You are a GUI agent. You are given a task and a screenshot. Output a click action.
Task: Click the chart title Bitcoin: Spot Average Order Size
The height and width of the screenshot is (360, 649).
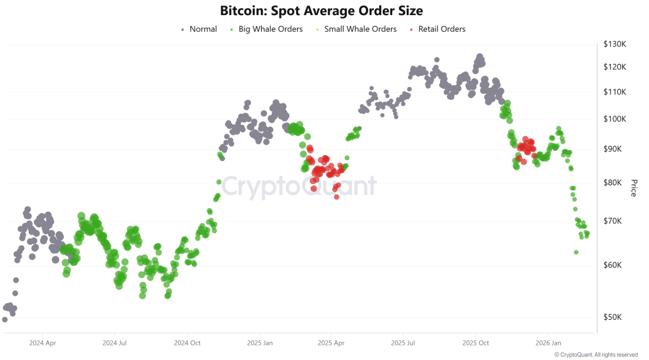[321, 11]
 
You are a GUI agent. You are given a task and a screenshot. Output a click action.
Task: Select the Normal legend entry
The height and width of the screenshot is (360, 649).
[203, 29]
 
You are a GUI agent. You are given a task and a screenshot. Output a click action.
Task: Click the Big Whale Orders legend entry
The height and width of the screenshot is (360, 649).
[270, 29]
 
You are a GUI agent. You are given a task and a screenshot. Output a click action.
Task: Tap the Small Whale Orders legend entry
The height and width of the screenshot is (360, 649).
[360, 29]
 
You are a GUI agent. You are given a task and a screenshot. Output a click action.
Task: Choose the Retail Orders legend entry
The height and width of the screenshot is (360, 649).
[441, 29]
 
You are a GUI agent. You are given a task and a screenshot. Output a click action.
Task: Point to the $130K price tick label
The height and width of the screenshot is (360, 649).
[615, 44]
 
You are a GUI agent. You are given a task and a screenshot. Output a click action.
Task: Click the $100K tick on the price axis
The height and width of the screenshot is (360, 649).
[615, 119]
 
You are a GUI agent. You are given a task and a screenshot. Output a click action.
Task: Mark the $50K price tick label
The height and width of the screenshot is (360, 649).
[612, 317]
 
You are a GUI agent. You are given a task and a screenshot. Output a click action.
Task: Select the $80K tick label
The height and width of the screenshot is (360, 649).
[612, 183]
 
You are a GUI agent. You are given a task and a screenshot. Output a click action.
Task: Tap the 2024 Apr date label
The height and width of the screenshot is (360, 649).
[43, 343]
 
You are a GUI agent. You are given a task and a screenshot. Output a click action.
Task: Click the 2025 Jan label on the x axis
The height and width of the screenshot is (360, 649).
[260, 343]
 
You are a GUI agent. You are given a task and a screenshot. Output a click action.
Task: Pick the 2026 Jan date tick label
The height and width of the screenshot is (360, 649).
[548, 343]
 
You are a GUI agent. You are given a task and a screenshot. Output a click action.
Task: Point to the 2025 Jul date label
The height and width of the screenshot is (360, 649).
[403, 343]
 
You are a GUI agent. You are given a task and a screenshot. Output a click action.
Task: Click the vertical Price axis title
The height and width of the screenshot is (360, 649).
[633, 188]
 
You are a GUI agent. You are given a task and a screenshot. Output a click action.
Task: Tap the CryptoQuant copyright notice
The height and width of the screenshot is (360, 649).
[596, 355]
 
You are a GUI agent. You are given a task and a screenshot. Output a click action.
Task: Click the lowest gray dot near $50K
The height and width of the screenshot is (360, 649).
[5, 319]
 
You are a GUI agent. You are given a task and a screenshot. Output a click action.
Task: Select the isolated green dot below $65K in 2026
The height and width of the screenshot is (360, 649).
[576, 252]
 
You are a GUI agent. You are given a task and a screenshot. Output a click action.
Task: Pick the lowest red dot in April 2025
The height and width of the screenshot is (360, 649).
[337, 197]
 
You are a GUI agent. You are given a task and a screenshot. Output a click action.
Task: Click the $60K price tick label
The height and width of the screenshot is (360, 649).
[612, 265]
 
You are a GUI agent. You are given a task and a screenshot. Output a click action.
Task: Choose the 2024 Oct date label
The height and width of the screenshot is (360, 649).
[187, 343]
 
